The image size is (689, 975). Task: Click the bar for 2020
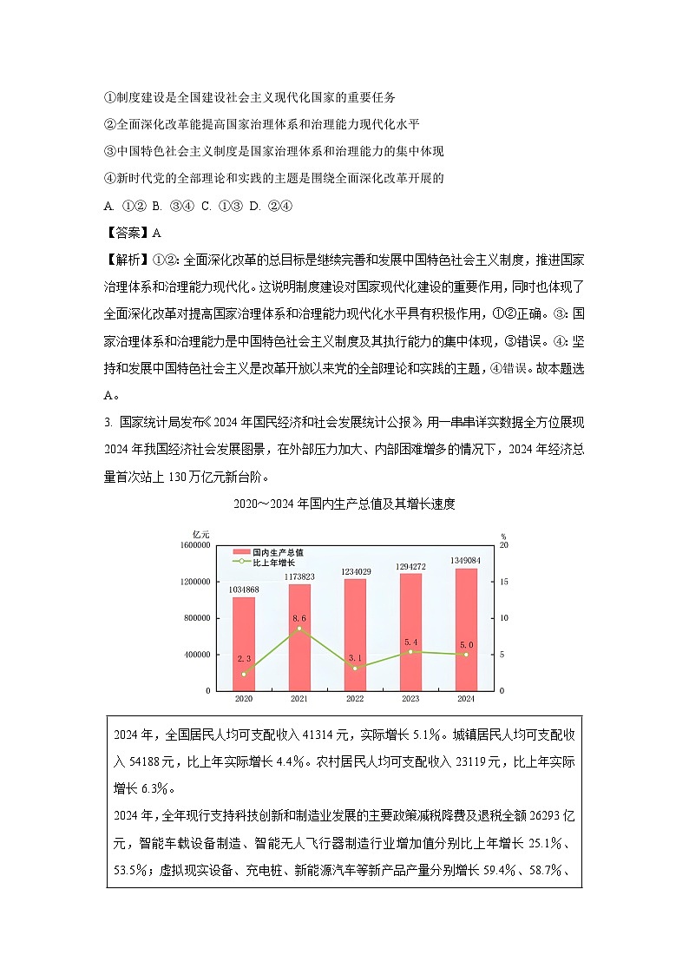click(244, 643)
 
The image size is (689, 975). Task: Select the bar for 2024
click(466, 629)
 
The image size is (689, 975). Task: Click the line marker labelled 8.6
click(299, 628)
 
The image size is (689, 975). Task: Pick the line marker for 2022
click(355, 668)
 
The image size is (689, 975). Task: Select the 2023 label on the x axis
click(410, 698)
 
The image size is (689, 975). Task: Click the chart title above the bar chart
click(344, 504)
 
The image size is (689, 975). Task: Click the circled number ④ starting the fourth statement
click(109, 179)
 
